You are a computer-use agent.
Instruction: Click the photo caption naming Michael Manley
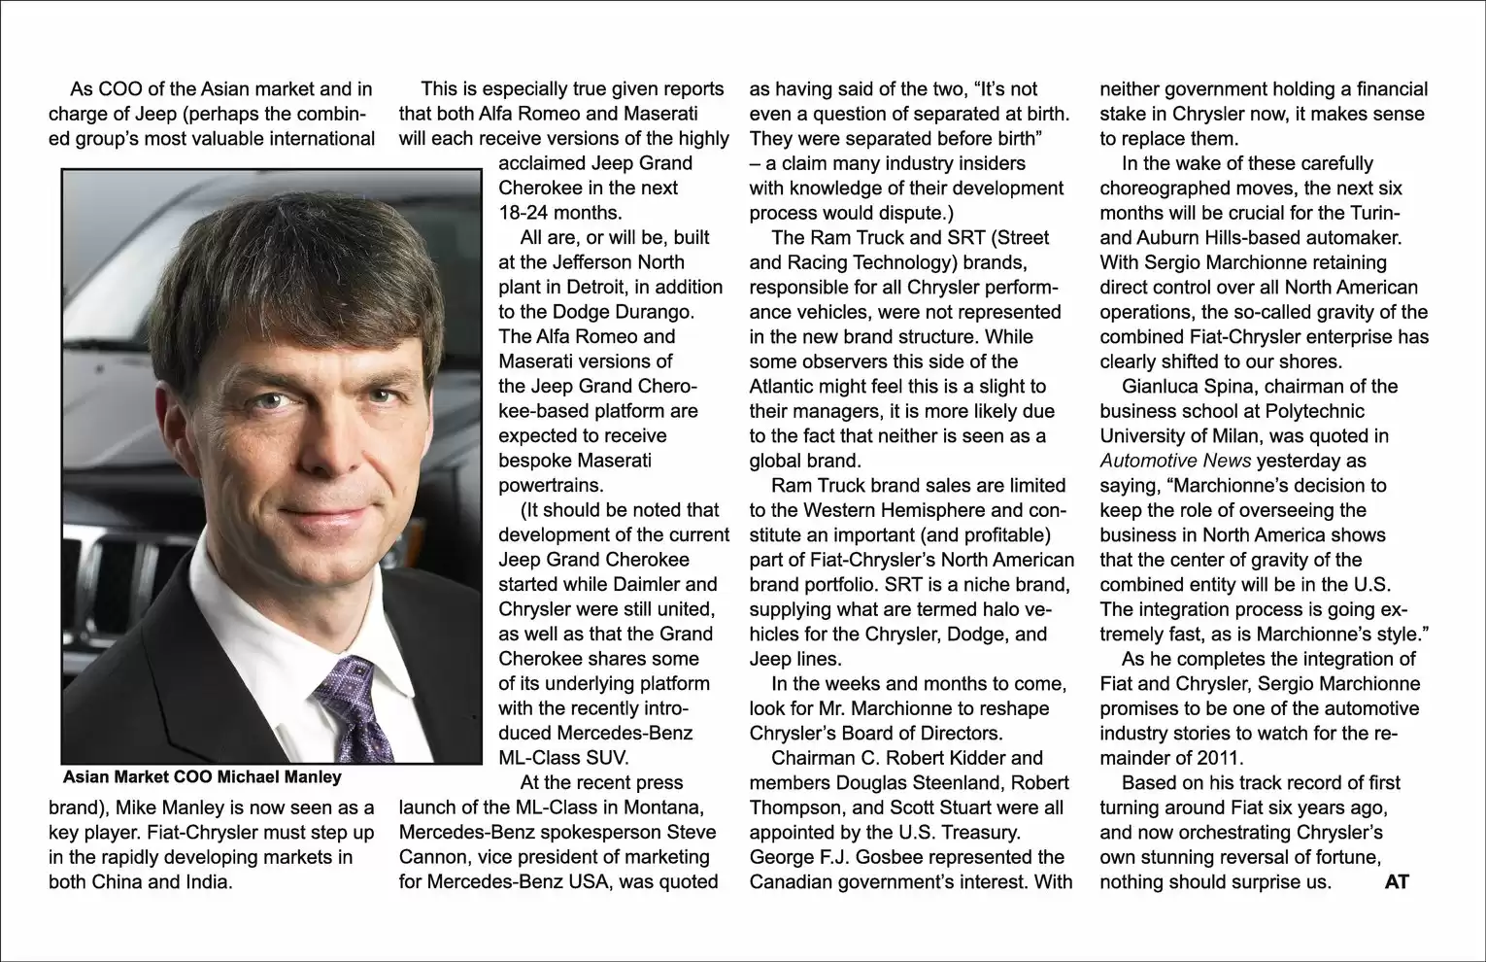(202, 776)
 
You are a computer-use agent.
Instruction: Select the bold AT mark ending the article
(1397, 882)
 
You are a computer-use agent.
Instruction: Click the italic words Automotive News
(1175, 461)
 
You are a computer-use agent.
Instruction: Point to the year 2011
(1221, 758)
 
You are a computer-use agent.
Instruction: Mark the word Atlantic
(787, 386)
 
